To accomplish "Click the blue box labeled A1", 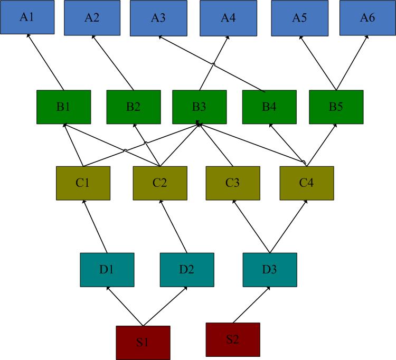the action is (x=27, y=17).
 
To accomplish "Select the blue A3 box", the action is (x=158, y=18).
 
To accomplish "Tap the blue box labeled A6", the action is (x=367, y=17).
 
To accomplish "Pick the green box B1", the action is (x=64, y=107).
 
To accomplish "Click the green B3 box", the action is (x=200, y=107).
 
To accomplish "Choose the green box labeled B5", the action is (x=336, y=107).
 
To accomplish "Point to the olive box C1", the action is (x=83, y=183).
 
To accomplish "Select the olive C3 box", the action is (x=233, y=183).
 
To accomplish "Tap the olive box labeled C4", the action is (x=307, y=183).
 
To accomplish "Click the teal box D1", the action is (x=107, y=270).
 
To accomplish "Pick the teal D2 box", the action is (x=187, y=270).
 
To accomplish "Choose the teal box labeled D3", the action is (x=270, y=270).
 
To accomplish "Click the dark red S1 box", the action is (x=143, y=343).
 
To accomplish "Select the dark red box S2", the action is (x=233, y=339).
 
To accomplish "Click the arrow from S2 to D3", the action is (x=251, y=305).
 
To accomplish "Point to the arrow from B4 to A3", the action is (x=212, y=64).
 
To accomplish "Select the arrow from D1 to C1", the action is (x=95, y=226).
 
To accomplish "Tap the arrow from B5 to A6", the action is (x=352, y=63).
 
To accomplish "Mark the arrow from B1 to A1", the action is (x=45, y=62).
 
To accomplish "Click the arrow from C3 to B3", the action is (x=215, y=145).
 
